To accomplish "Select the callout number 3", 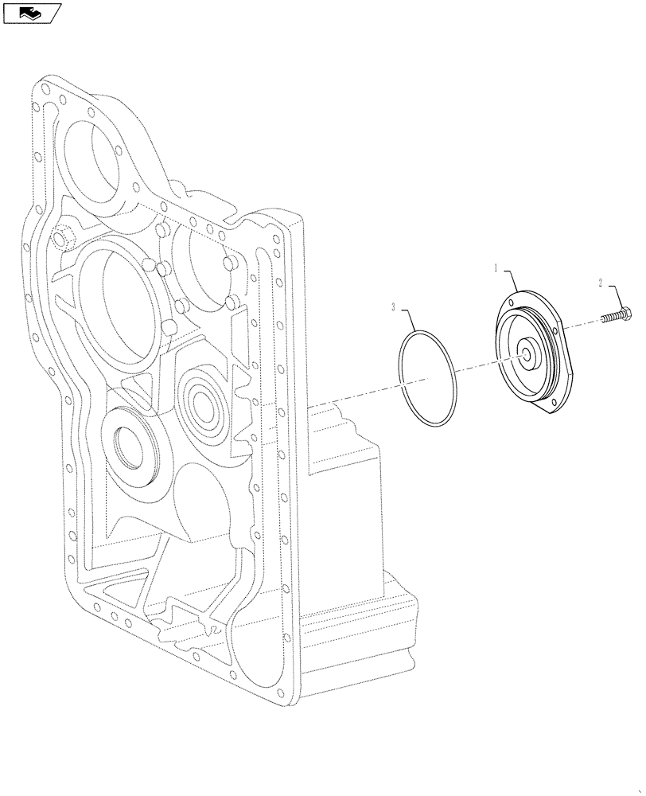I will pos(393,306).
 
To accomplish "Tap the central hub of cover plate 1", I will pos(527,353).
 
